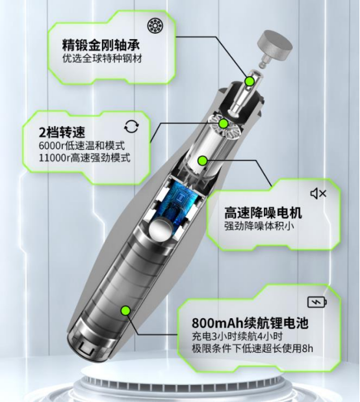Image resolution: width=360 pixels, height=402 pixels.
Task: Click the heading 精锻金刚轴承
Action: coord(101,45)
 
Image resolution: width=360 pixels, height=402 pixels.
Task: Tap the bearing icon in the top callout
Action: coord(155,26)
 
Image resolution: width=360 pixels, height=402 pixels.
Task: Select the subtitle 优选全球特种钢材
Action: coord(102,59)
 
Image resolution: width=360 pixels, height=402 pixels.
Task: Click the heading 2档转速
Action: coord(62,132)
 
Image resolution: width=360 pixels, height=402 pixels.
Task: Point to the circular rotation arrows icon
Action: coord(132,127)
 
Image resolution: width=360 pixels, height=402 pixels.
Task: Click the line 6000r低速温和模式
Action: coord(82,145)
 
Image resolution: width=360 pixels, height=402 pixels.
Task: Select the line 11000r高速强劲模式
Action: coord(84,157)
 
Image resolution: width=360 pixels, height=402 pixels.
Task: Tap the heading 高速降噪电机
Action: coord(263,213)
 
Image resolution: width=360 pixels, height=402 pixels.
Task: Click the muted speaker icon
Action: coord(318,193)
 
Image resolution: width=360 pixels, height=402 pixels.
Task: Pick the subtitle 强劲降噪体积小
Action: coord(259,226)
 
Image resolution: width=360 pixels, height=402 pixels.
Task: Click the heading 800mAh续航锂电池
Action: coord(250,323)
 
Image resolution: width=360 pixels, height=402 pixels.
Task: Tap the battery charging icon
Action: coord(317,302)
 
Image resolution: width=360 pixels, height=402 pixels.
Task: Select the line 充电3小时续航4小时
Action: coord(237,336)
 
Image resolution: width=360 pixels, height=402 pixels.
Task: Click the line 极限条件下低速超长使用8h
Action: coord(253,349)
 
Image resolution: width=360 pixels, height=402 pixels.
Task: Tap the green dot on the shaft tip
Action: coord(249,81)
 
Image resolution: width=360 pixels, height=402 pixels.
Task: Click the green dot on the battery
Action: coord(125,310)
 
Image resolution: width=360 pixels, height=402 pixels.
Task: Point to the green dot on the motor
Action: coord(203,161)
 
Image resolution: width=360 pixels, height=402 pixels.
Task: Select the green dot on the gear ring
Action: coord(224,124)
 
